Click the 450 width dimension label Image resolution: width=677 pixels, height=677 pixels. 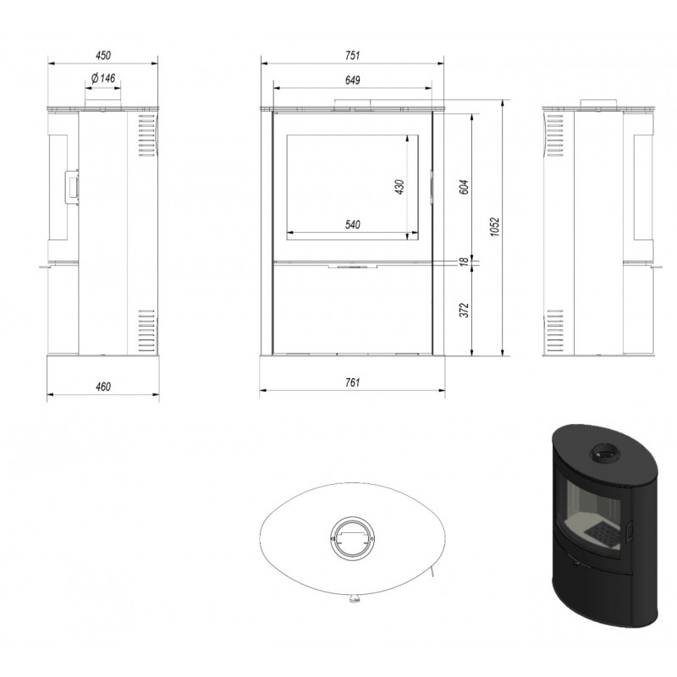[x=103, y=55]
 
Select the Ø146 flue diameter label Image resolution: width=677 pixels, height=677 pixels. [x=103, y=78]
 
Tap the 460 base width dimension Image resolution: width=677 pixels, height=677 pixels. [x=103, y=387]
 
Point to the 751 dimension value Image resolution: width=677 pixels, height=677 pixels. [x=352, y=55]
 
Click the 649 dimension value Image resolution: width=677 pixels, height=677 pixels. [x=352, y=80]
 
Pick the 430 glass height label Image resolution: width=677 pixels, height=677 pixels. [x=399, y=187]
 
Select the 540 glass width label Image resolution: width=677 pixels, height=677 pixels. [x=352, y=224]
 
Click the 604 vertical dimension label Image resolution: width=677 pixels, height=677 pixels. [x=464, y=187]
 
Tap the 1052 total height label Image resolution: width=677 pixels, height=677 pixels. [x=495, y=227]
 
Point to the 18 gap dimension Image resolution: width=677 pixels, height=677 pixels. [x=464, y=261]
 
